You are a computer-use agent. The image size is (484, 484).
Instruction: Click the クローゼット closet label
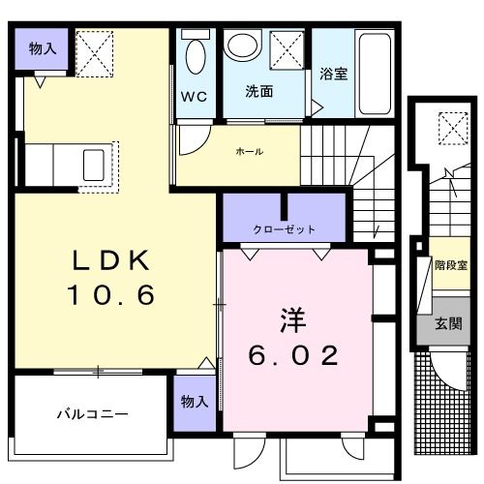(x=284, y=230)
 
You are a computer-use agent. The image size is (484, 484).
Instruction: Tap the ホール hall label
(x=250, y=152)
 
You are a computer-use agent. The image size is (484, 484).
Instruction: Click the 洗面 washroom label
(x=258, y=93)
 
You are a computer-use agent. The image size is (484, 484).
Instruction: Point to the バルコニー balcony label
(x=92, y=414)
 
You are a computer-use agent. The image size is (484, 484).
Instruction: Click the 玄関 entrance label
(x=447, y=324)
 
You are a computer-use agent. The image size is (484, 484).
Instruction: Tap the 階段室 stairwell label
(x=447, y=263)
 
